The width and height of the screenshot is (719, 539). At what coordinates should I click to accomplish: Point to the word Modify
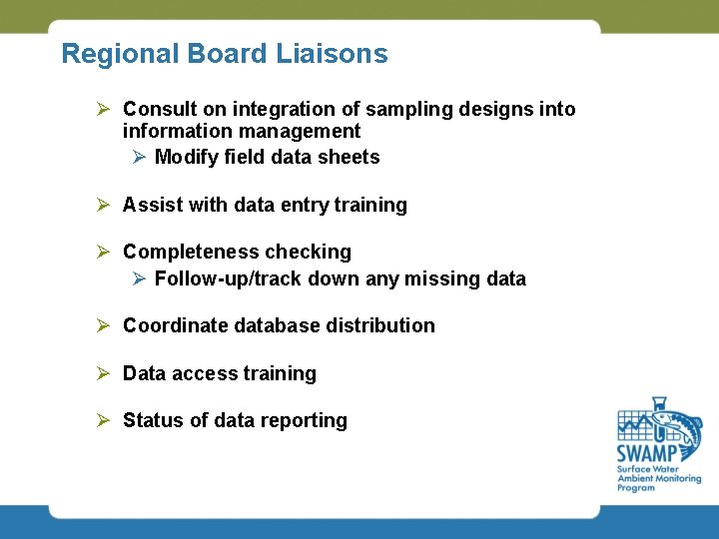click(187, 157)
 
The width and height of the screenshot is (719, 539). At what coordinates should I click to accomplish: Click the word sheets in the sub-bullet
click(349, 157)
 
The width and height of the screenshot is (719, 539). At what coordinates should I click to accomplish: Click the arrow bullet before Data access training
click(102, 373)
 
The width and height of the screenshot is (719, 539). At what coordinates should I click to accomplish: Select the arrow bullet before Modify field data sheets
click(140, 157)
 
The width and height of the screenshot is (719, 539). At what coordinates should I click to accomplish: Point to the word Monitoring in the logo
click(675, 479)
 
